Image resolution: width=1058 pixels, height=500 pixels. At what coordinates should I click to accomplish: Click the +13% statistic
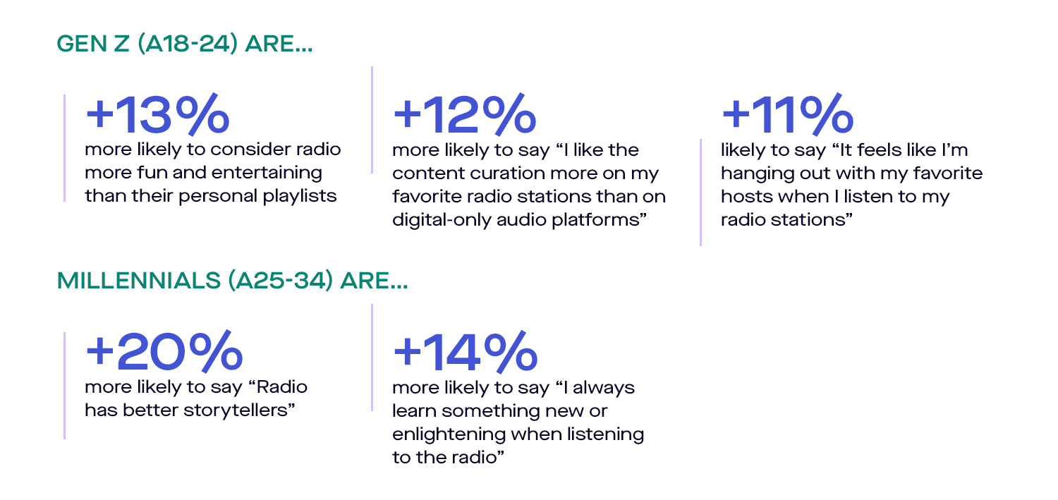tap(157, 114)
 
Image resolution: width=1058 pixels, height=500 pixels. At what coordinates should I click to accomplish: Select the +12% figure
tap(465, 114)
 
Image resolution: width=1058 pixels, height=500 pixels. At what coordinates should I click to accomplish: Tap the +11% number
tap(787, 114)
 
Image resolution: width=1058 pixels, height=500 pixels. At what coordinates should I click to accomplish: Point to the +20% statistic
tap(164, 350)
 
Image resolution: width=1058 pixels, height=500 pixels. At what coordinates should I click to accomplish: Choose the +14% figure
tap(466, 350)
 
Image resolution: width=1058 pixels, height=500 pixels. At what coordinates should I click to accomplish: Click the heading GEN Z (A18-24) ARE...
tap(185, 44)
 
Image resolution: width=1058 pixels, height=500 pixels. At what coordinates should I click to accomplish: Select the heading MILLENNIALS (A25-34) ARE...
tap(232, 281)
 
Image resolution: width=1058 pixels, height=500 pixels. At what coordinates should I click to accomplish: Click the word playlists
tap(300, 196)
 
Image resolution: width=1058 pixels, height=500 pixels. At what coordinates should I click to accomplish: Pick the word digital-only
tap(441, 219)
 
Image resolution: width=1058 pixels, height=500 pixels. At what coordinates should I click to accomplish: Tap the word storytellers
tap(239, 410)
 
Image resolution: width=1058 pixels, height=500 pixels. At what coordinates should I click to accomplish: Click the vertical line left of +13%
tap(64, 148)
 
